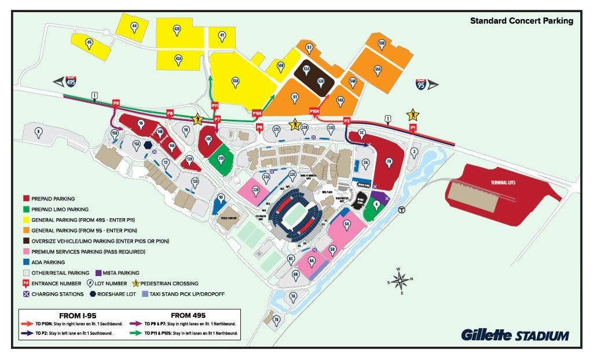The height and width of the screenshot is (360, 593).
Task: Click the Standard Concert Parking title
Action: click(x=521, y=21)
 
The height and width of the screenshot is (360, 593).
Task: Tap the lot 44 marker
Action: click(x=134, y=26)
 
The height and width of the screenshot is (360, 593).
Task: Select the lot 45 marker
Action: click(x=89, y=42)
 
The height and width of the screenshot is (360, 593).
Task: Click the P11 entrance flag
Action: click(x=215, y=106)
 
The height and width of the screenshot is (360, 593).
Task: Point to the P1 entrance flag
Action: click(x=413, y=127)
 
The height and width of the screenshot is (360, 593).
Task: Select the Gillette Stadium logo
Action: click(x=515, y=335)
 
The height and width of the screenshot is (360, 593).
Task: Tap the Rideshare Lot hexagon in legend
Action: click(x=94, y=294)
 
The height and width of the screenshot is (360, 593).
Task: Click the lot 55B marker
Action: click(x=382, y=43)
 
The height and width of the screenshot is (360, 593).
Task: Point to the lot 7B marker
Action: click(x=276, y=319)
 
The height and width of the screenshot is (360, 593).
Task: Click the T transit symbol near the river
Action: click(x=402, y=210)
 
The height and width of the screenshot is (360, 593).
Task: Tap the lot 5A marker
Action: click(x=347, y=223)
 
